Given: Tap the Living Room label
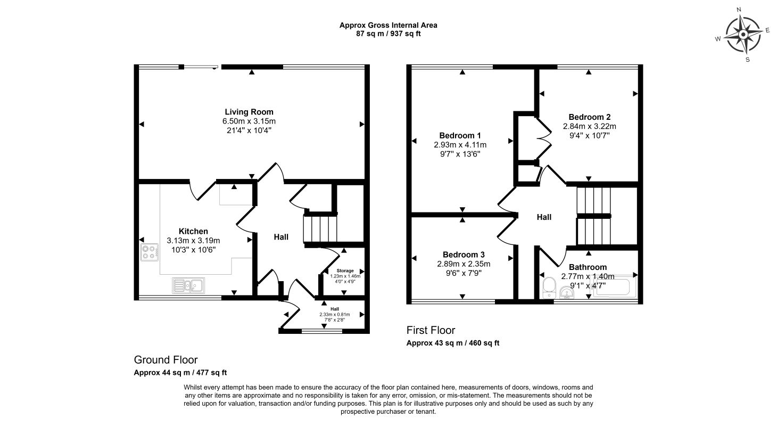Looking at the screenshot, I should coord(249,112).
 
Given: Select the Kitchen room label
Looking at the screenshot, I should coord(193,231).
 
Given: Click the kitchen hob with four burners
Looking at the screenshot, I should coord(150,252).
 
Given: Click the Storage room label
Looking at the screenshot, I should coord(345,271).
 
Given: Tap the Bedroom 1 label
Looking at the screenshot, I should coord(460,135).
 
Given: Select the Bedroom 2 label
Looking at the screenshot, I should coord(589,117).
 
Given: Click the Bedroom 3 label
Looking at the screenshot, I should coord(464,255).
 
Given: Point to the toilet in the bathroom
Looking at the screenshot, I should coord(548,290).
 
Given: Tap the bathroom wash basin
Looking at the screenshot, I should coord(567,292).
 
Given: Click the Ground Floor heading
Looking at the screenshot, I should coord(166,360).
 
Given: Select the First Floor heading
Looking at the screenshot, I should coord(431,331).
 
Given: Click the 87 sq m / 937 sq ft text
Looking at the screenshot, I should coord(388,34).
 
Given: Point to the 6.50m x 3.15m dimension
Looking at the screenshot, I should coord(249,121).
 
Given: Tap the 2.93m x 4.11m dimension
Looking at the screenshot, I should coord(460,144).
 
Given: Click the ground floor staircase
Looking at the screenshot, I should coord(320,229).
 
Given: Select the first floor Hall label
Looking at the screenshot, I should coord(544,217).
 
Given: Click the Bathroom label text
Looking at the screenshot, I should coord(588,267).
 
